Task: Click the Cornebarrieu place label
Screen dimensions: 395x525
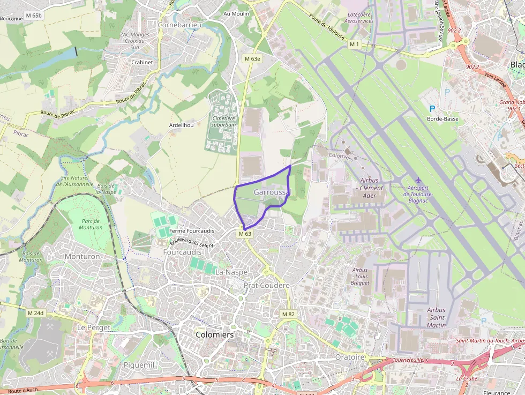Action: (x=180, y=25)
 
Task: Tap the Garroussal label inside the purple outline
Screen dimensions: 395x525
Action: (x=272, y=192)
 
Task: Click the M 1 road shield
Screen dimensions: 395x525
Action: (x=354, y=44)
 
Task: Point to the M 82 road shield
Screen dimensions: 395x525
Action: (x=288, y=314)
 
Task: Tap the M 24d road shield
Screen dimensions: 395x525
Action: (x=35, y=313)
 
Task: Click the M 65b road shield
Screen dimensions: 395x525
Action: (x=33, y=16)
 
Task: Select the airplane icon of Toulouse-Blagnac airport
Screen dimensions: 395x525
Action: (x=418, y=180)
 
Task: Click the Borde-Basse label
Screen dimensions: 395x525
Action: (x=442, y=119)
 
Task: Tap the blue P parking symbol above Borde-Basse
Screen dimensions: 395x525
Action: (x=432, y=108)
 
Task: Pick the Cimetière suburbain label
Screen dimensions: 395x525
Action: (x=224, y=121)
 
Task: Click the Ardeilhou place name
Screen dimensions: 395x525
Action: (x=181, y=125)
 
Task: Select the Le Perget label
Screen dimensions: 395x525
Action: (x=94, y=327)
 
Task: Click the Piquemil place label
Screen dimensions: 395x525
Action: (x=139, y=365)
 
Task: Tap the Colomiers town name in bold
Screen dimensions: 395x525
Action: (x=215, y=334)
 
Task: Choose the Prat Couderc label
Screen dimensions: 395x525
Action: (x=266, y=286)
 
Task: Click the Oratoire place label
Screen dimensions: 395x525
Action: (x=349, y=357)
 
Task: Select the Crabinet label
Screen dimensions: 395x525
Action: (x=142, y=62)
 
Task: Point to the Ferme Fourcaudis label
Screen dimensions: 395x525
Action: (x=191, y=231)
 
